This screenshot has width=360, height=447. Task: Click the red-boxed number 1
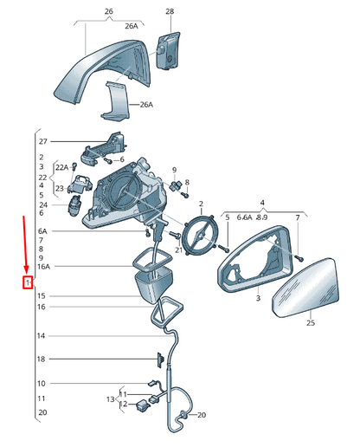[x=28, y=282]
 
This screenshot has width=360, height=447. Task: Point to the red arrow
[x=25, y=245]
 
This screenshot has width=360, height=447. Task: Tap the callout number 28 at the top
[x=170, y=11]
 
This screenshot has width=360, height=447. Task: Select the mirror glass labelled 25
[x=306, y=288]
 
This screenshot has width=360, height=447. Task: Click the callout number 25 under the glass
[x=311, y=323]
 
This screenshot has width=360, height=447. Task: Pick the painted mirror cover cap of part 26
[x=102, y=72]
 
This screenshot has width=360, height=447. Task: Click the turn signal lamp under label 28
[x=168, y=50]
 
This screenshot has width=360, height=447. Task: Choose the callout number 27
[x=43, y=141]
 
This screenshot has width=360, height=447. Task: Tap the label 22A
[x=62, y=167]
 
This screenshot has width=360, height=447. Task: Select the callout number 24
[x=43, y=205]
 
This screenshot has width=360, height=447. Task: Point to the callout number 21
[x=179, y=249]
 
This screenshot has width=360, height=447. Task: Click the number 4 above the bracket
[x=262, y=203]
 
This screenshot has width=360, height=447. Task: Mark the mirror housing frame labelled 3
[x=255, y=260]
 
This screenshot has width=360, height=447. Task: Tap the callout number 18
[x=42, y=360]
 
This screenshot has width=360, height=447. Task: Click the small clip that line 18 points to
[x=160, y=360]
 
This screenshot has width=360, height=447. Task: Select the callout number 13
[x=111, y=399]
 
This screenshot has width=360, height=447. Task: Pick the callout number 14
[x=42, y=336]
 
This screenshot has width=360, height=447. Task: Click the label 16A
[x=44, y=267]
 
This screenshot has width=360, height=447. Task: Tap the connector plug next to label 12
[x=143, y=405]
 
